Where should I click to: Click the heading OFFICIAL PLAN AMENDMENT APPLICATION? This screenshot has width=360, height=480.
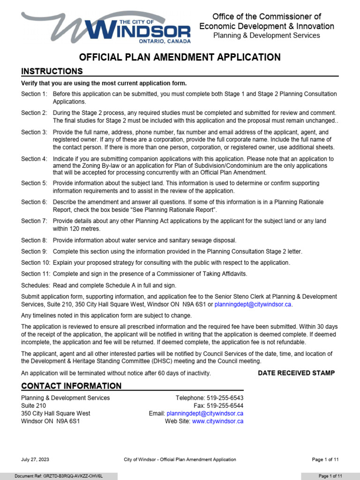[x=180, y=57]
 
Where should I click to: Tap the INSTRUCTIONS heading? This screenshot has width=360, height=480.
[x=52, y=71]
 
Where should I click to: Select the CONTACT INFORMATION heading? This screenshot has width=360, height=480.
[x=71, y=386]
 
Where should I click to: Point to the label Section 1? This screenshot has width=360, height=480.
[x=34, y=94]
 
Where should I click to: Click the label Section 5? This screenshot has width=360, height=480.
[x=34, y=183]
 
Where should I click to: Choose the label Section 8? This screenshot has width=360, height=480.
[x=34, y=240]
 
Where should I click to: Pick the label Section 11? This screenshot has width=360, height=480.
[x=36, y=274]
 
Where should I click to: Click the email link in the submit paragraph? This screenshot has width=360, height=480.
[x=253, y=304]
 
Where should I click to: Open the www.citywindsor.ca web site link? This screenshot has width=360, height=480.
[x=217, y=421]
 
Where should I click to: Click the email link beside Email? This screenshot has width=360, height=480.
[x=205, y=413]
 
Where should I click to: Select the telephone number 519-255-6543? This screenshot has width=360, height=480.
[x=225, y=398]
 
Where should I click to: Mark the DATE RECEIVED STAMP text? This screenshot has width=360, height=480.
[x=296, y=373]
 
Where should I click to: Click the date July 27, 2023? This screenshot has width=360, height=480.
[x=35, y=459]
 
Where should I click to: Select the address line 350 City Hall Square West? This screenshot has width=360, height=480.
[x=56, y=413]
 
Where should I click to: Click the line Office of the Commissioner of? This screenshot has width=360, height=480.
[x=267, y=17]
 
